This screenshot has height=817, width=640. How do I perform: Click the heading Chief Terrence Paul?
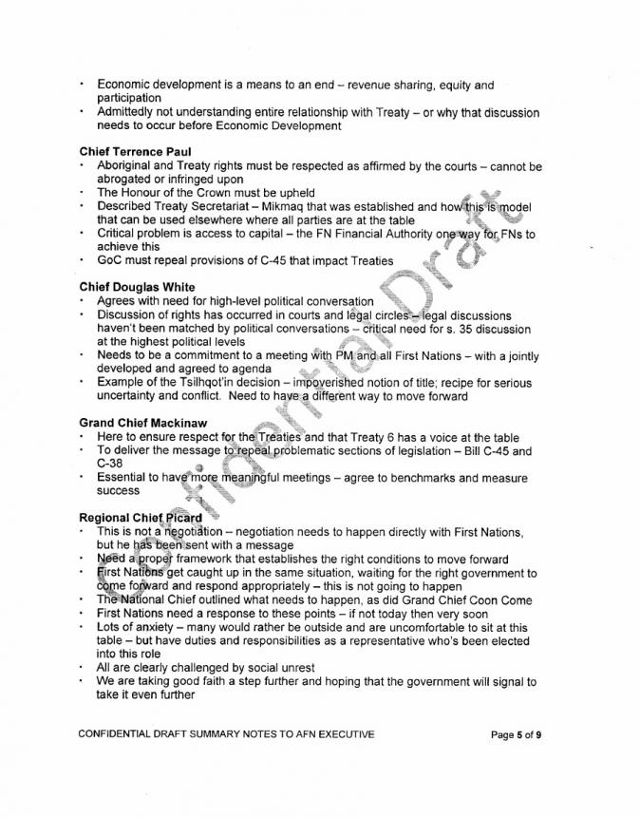click(x=136, y=152)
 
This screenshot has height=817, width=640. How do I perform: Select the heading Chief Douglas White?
click(x=137, y=287)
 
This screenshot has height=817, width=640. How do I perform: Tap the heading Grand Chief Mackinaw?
click(x=142, y=423)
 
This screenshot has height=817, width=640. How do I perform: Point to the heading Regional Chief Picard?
click(x=141, y=517)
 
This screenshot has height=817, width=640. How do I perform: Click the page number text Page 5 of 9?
click(x=517, y=733)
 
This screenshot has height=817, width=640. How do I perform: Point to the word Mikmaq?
click(x=312, y=206)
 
